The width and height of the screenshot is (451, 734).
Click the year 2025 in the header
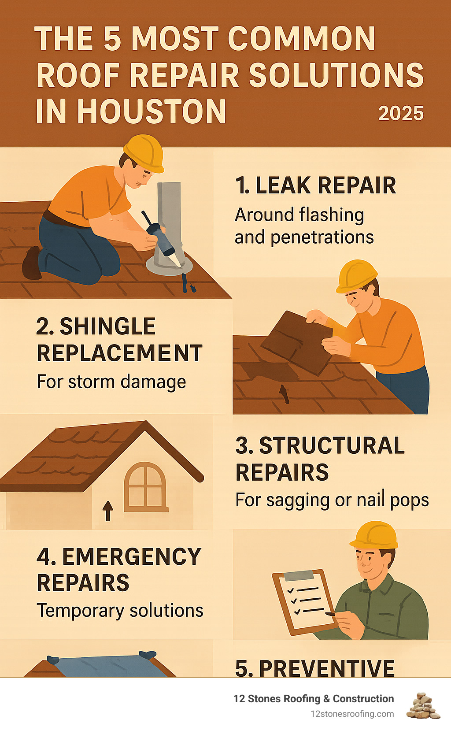pyautogui.click(x=401, y=113)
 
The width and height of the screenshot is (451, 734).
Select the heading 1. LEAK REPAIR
pyautogui.click(x=315, y=185)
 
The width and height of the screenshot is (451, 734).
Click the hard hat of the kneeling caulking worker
pyautogui.click(x=144, y=153)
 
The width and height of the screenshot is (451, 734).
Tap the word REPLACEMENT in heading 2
pyautogui.click(x=119, y=353)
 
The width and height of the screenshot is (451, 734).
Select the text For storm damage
pyautogui.click(x=111, y=382)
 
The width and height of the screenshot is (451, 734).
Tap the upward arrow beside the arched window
pyautogui.click(x=108, y=511)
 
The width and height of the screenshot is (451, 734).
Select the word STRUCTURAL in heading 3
pyautogui.click(x=332, y=446)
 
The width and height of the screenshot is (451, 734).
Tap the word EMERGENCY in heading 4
pyautogui.click(x=132, y=556)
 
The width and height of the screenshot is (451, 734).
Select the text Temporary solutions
pyautogui.click(x=120, y=611)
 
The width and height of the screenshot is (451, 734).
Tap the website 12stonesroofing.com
pyautogui.click(x=352, y=714)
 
